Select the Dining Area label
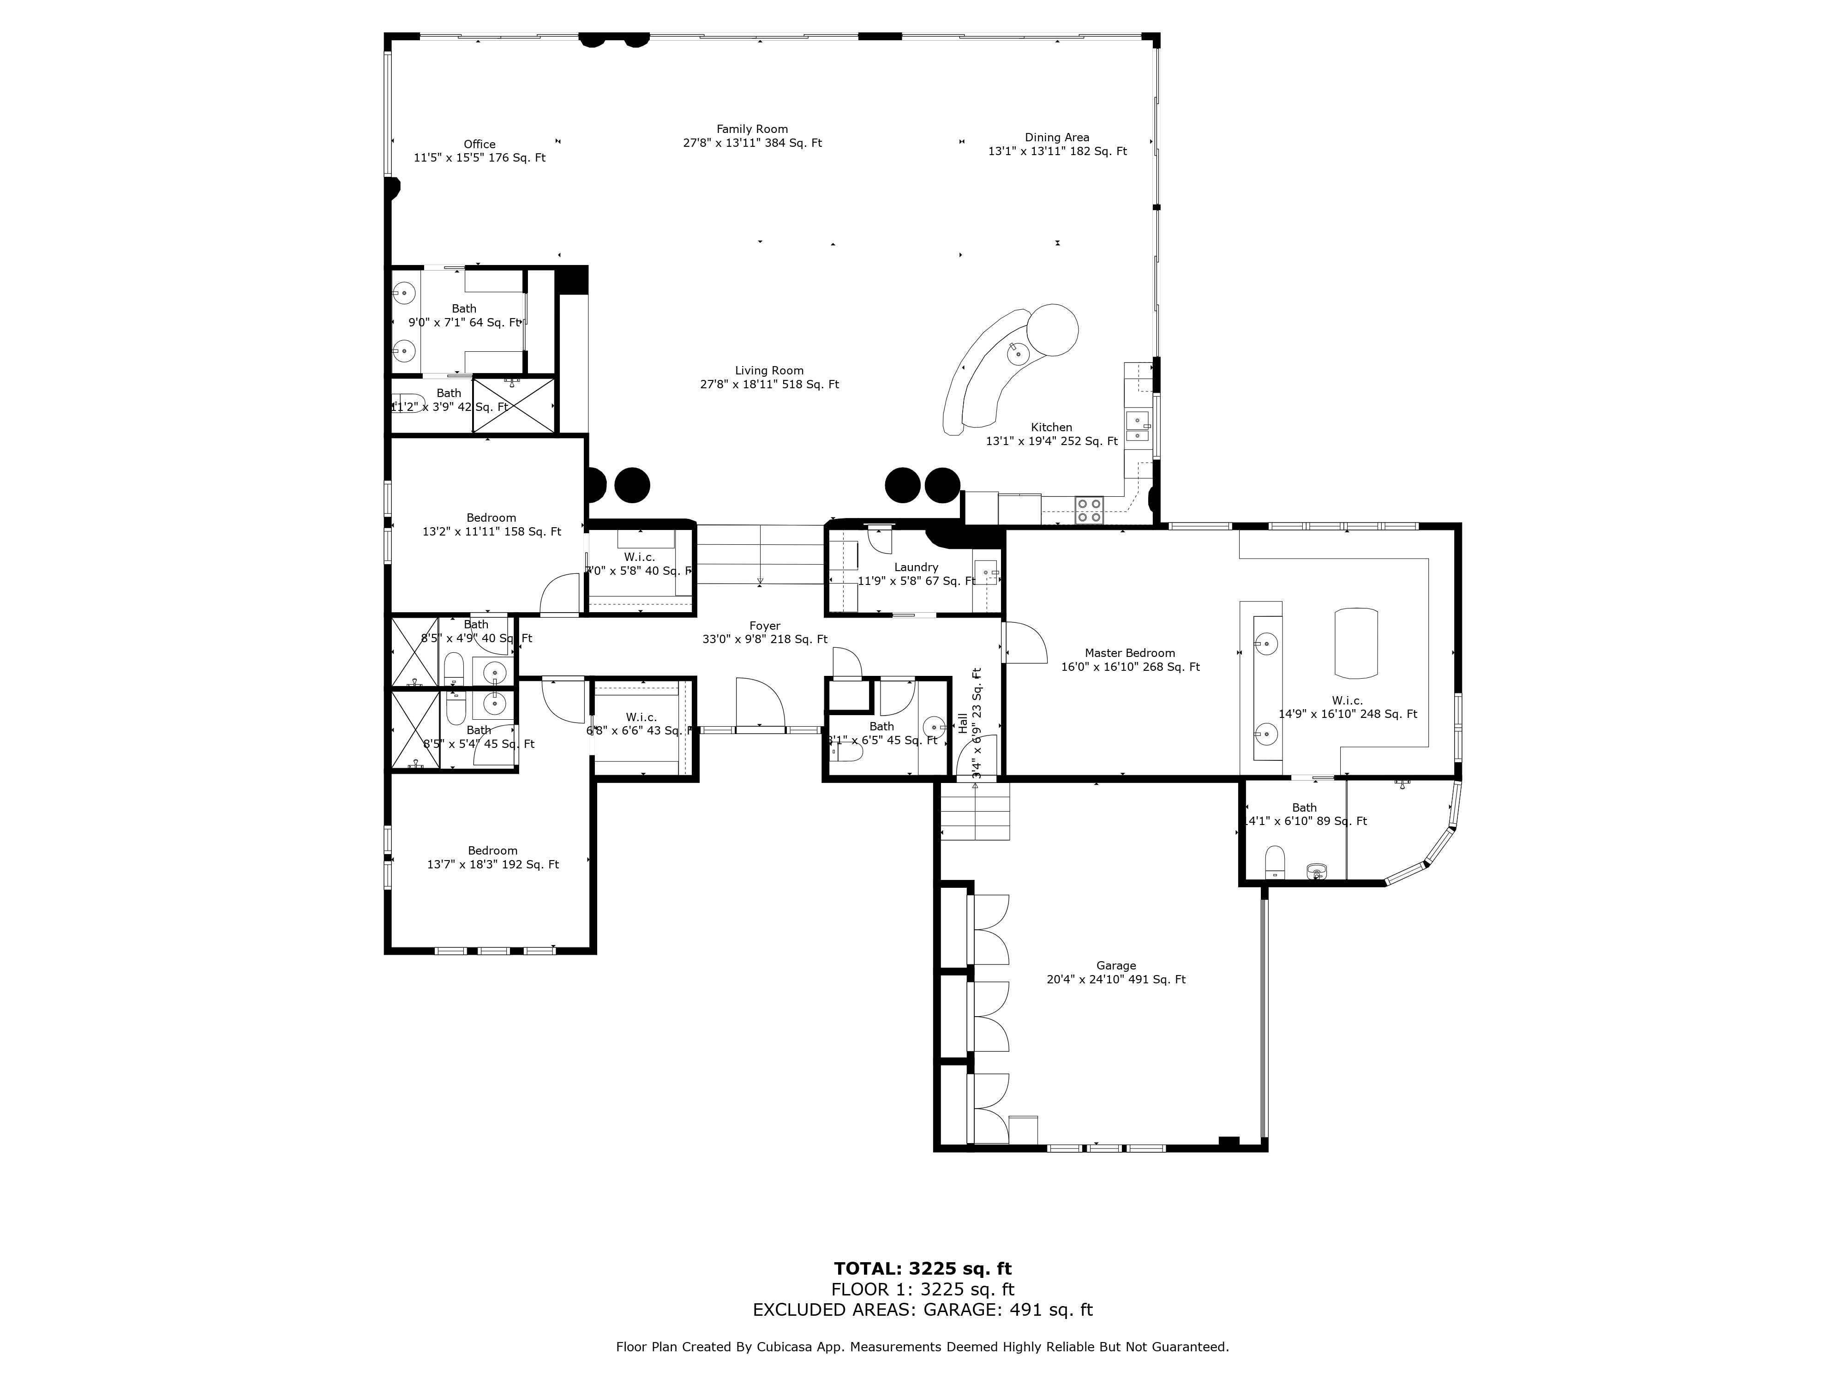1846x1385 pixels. point(1056,138)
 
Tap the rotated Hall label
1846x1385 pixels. point(963,723)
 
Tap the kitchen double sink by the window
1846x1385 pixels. point(1137,426)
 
